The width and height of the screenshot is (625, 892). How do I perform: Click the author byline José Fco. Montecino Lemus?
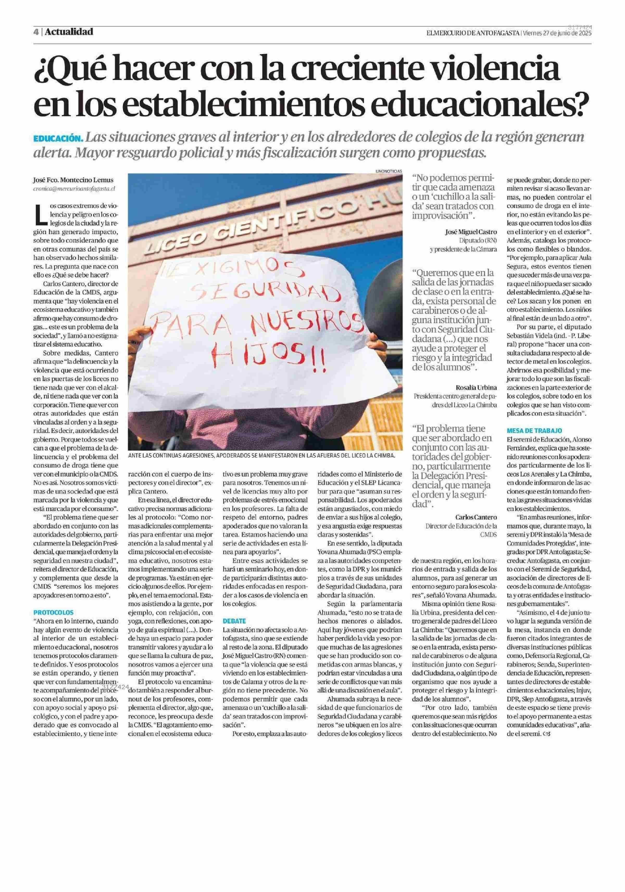click(x=73, y=180)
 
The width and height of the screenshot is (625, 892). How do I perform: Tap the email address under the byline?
click(x=74, y=189)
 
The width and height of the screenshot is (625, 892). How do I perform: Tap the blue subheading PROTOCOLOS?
click(x=53, y=613)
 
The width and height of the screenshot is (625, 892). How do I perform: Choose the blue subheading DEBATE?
click(x=235, y=621)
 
